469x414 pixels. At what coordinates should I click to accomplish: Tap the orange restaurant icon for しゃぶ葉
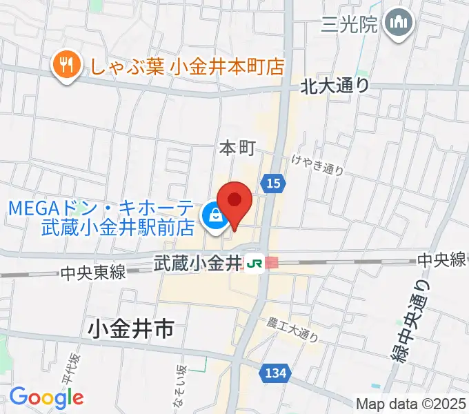pos(66,66)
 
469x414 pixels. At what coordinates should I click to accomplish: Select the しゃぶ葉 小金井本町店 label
pos(183,67)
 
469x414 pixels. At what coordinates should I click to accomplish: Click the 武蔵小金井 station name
pos(196,263)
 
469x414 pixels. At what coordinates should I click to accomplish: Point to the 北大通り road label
pos(335,86)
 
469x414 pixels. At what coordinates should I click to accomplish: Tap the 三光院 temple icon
pos(399,25)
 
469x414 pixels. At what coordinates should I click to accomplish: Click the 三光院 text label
pos(350,26)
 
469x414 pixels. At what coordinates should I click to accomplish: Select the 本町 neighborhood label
pos(237,148)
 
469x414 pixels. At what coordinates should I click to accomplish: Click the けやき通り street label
pos(317,166)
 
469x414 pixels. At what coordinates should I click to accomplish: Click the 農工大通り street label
pos(293,329)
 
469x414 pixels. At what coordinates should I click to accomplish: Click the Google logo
pos(46,397)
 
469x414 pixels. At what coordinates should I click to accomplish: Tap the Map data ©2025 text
pos(412,403)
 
